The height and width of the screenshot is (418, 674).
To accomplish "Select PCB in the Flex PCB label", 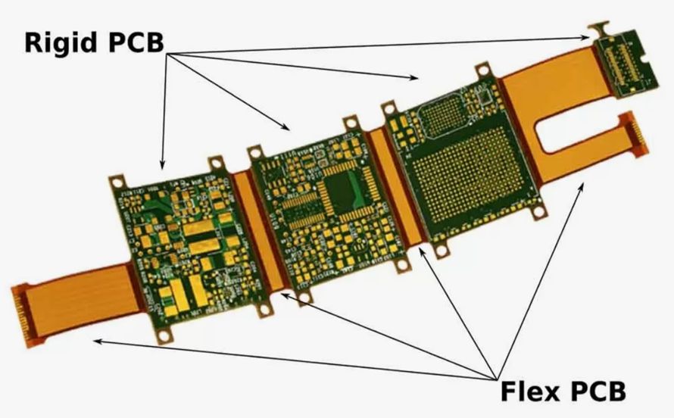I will (598, 391).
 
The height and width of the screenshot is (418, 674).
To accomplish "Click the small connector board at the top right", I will (622, 64).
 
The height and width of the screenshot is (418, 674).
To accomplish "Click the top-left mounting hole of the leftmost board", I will (117, 181).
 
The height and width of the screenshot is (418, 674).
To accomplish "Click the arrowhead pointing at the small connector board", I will (590, 36).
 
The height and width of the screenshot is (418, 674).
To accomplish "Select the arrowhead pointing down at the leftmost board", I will (161, 164).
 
